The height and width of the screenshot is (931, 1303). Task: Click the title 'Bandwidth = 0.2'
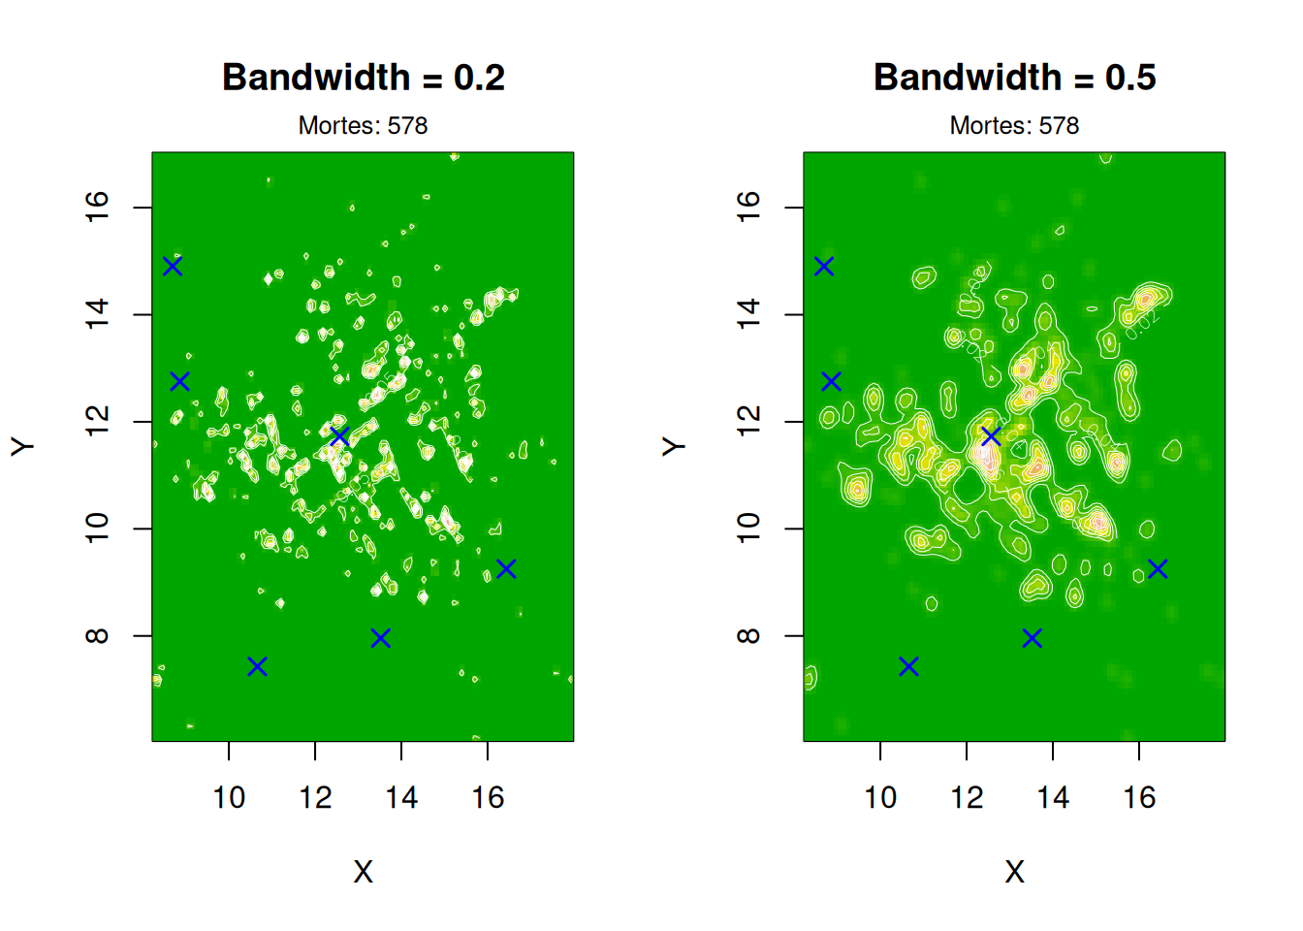(364, 78)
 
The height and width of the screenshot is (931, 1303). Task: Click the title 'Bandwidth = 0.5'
(1014, 78)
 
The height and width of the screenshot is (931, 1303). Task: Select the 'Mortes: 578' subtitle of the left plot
(363, 126)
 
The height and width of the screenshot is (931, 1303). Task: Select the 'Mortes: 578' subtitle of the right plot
(1014, 126)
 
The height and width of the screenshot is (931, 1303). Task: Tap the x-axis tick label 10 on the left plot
(229, 798)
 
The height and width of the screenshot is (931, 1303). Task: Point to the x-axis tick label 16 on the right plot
(1139, 798)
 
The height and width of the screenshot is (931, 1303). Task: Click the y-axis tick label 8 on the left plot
(98, 636)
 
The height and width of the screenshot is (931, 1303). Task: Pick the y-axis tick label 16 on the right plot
(749, 208)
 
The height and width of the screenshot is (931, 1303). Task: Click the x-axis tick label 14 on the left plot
(401, 798)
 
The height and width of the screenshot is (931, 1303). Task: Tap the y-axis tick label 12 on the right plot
(749, 422)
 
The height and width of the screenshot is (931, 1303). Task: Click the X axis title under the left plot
(363, 872)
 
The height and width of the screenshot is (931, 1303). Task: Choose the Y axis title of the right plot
(674, 446)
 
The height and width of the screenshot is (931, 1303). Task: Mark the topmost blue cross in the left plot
(173, 266)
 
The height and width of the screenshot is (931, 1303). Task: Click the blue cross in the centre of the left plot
(339, 436)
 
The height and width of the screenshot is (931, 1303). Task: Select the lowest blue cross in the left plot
(257, 666)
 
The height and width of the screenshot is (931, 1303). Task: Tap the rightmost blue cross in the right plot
(1158, 568)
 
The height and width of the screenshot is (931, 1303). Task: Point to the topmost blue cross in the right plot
(824, 266)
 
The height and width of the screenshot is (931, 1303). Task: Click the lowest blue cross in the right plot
(908, 666)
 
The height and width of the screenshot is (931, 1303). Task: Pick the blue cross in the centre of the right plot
(991, 436)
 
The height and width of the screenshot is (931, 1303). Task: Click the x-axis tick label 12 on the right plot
(967, 798)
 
